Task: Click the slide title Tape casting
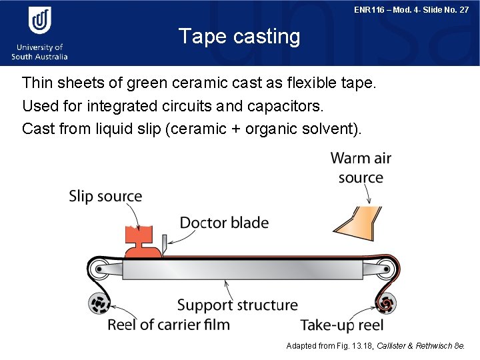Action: click(x=239, y=36)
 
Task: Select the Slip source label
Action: click(x=105, y=197)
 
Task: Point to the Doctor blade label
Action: click(x=224, y=223)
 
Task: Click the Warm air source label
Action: click(x=361, y=168)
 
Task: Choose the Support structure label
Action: click(x=237, y=305)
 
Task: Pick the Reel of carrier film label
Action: click(x=169, y=325)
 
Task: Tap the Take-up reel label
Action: click(x=341, y=325)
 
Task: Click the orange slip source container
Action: click(x=142, y=241)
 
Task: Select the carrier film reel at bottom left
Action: click(x=100, y=305)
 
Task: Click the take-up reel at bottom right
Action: click(x=389, y=304)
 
